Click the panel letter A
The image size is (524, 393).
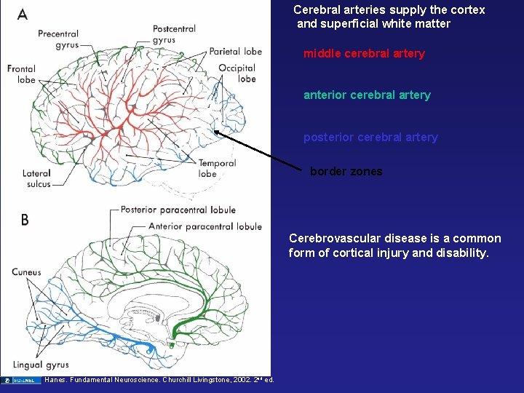pos(23,14)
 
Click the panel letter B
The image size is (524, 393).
pos(25,219)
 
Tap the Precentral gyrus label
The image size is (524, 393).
pos(58,39)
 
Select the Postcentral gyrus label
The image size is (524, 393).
pos(174,34)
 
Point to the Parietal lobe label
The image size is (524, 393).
pos(235,52)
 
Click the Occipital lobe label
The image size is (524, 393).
pos(237,74)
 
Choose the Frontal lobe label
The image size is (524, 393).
pos(21,74)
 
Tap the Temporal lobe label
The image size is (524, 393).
pos(217,168)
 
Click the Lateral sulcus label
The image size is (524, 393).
pos(36,178)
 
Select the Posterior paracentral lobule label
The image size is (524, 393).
pos(178,210)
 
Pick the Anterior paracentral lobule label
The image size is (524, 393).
pos(205,226)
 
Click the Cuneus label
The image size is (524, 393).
pos(26,272)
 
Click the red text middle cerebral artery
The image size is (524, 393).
pos(364,54)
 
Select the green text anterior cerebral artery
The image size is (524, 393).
pos(367,95)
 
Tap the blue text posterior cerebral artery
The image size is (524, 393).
pos(370,138)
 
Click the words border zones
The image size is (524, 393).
pos(346,172)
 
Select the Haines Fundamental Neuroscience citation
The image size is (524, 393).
pos(159,380)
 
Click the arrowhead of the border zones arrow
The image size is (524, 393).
pos(216,132)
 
